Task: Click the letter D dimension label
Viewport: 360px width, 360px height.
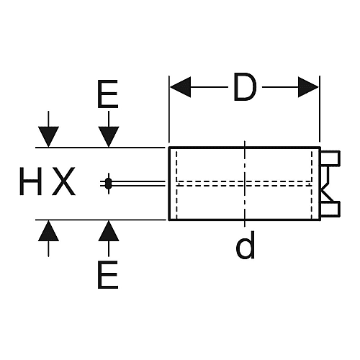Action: click(244, 87)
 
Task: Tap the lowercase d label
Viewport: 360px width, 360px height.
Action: click(245, 245)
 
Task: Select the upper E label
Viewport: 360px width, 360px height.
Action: click(108, 94)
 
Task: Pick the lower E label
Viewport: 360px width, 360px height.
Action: click(108, 274)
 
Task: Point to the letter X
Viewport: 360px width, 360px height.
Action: click(64, 181)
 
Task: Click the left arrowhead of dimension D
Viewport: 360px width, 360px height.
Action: click(181, 87)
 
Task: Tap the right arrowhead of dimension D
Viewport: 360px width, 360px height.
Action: click(308, 87)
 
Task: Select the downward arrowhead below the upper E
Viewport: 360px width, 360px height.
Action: click(109, 136)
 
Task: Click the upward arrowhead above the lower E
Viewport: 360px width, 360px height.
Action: click(109, 230)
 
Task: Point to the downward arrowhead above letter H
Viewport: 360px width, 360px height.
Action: click(48, 136)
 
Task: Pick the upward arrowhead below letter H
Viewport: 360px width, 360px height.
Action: click(48, 230)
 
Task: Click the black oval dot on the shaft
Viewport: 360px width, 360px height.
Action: click(109, 184)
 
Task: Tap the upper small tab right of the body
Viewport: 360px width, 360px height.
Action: click(330, 158)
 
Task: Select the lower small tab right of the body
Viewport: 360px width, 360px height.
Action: click(330, 208)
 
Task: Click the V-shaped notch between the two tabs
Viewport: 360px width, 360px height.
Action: click(326, 184)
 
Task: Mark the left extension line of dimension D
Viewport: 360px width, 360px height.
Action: click(169, 109)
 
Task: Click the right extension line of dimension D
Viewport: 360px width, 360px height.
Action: click(320, 109)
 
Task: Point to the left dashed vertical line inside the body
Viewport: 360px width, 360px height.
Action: click(176, 184)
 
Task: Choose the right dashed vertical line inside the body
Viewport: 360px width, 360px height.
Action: click(312, 184)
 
